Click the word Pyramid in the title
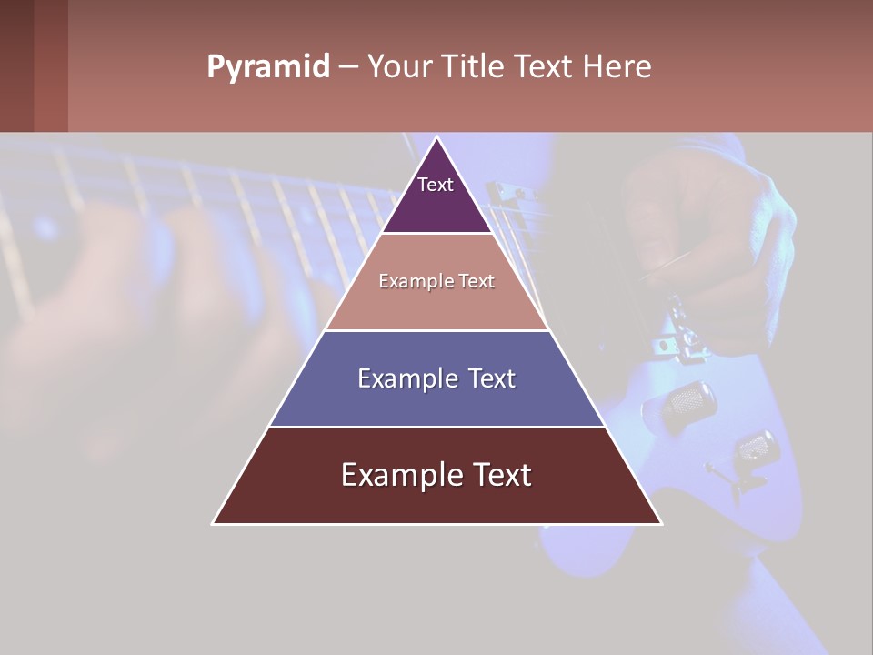268,67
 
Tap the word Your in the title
401,67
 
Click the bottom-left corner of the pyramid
215,523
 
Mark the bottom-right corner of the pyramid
660,523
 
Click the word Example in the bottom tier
396,475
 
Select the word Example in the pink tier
415,282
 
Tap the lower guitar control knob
756,448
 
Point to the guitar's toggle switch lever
723,473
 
